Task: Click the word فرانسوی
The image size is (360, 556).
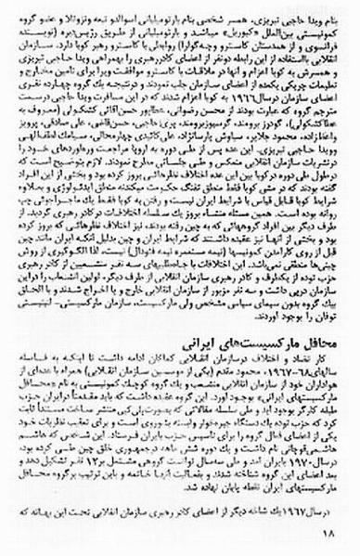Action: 320,45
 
